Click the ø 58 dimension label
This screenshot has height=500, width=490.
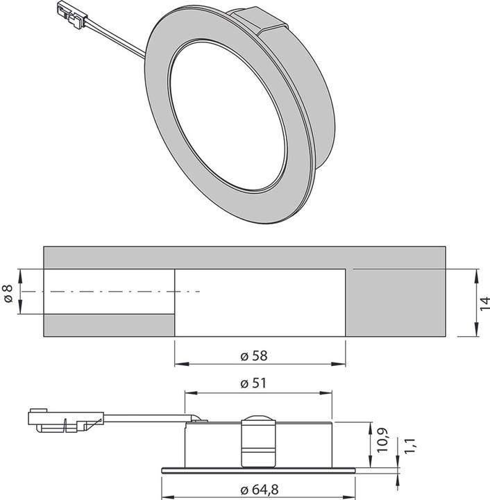click(254, 356)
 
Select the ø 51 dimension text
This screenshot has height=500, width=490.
click(254, 383)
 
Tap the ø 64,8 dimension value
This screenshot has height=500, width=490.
click(260, 490)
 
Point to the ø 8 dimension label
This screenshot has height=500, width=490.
click(8, 292)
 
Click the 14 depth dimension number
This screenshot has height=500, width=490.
click(484, 302)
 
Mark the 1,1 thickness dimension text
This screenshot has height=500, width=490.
click(409, 446)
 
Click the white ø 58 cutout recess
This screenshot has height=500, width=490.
click(259, 303)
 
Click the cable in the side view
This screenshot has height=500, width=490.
click(146, 417)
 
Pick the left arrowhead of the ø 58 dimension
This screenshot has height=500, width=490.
click(178, 363)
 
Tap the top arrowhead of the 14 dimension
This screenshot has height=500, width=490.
click(477, 272)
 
